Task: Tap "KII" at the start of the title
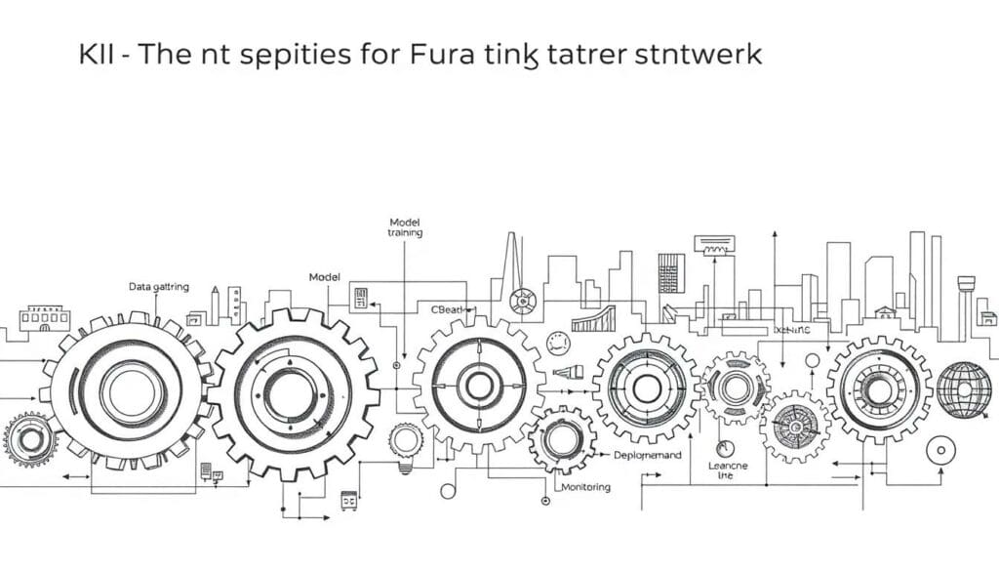(x=99, y=55)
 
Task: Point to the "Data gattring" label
(x=159, y=287)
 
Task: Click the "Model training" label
(x=404, y=227)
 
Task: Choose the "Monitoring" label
(x=586, y=486)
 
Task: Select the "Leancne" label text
(x=727, y=467)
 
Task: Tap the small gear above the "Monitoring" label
(x=562, y=439)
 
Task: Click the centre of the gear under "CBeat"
(x=478, y=385)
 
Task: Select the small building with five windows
(x=45, y=316)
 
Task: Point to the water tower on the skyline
(x=968, y=284)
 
